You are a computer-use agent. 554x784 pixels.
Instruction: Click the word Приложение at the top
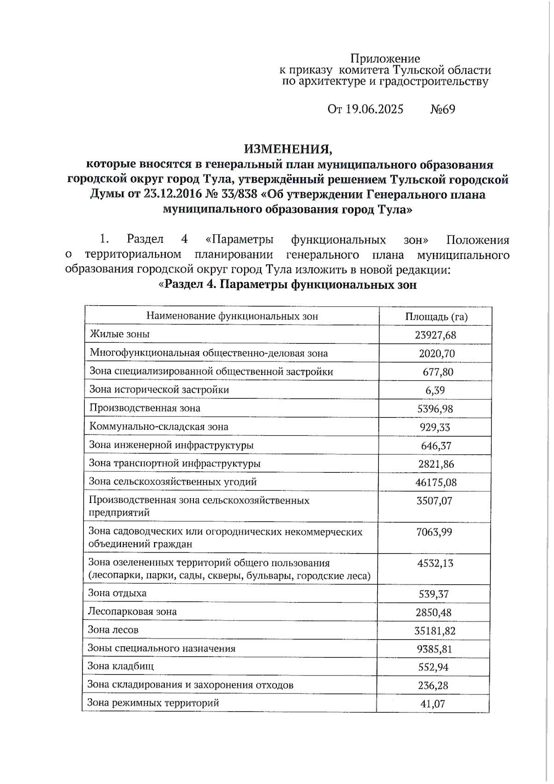385,59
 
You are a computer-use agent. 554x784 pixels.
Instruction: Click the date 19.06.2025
374,109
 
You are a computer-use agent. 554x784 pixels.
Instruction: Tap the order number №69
442,109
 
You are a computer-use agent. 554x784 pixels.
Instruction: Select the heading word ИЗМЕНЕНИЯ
288,149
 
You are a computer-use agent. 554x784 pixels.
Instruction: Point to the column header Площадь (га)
436,317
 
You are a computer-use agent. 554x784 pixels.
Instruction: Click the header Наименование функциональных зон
232,316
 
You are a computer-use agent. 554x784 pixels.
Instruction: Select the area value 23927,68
435,335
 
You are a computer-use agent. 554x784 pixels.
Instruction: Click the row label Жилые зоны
120,334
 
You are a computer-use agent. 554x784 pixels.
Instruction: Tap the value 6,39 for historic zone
435,390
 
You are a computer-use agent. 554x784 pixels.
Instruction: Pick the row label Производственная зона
145,408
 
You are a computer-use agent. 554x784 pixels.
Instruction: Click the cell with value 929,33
434,427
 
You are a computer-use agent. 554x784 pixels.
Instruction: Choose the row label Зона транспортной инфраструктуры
175,463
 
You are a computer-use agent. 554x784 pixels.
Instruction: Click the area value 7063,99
434,532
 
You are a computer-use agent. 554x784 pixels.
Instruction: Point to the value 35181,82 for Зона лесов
434,631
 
